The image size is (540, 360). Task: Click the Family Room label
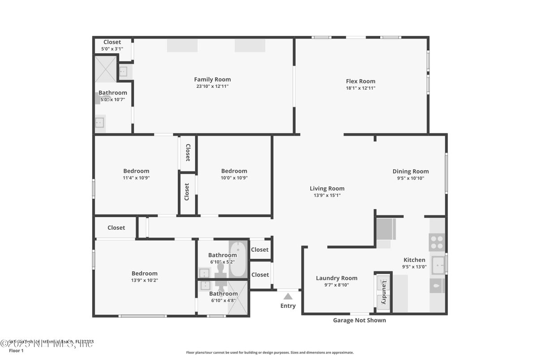212,79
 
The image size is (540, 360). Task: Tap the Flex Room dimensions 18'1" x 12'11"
360,88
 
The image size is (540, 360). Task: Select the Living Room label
327,189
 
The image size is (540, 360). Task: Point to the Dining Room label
411,171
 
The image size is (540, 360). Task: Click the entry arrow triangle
288,296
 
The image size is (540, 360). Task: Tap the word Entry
288,306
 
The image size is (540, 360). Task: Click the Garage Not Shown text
359,320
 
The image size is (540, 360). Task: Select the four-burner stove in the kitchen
437,242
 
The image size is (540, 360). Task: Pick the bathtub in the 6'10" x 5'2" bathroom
238,259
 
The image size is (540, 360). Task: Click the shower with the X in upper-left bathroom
105,69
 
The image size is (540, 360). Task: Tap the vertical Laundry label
384,292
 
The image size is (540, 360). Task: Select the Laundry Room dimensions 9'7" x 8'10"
336,285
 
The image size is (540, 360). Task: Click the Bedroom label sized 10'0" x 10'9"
234,171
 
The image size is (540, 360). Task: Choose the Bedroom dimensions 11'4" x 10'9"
136,178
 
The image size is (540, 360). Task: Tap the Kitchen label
414,260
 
